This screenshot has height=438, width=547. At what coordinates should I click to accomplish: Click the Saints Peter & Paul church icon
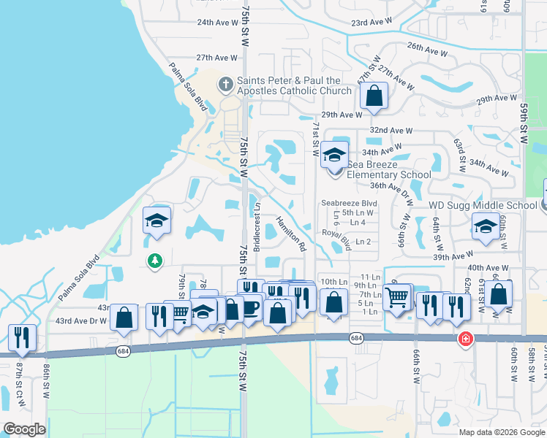click(225, 85)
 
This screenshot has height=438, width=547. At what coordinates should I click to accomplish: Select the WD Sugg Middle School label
click(482, 205)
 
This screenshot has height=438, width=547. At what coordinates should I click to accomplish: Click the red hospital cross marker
click(464, 339)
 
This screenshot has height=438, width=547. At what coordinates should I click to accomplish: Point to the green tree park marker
click(154, 261)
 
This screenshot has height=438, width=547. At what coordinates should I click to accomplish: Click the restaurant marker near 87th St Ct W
click(20, 337)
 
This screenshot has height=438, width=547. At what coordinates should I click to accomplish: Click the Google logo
click(24, 429)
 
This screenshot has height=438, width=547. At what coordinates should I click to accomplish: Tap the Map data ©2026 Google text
click(502, 432)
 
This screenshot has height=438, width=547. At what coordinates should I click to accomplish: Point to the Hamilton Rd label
click(290, 234)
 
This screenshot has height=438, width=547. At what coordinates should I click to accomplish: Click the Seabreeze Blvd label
click(350, 203)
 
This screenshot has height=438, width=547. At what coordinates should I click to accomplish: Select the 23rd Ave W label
click(372, 23)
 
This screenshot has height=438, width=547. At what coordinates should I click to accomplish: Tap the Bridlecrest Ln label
click(257, 226)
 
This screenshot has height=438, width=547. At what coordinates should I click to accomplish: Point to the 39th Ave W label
click(450, 257)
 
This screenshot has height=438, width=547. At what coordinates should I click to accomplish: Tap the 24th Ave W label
click(216, 22)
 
